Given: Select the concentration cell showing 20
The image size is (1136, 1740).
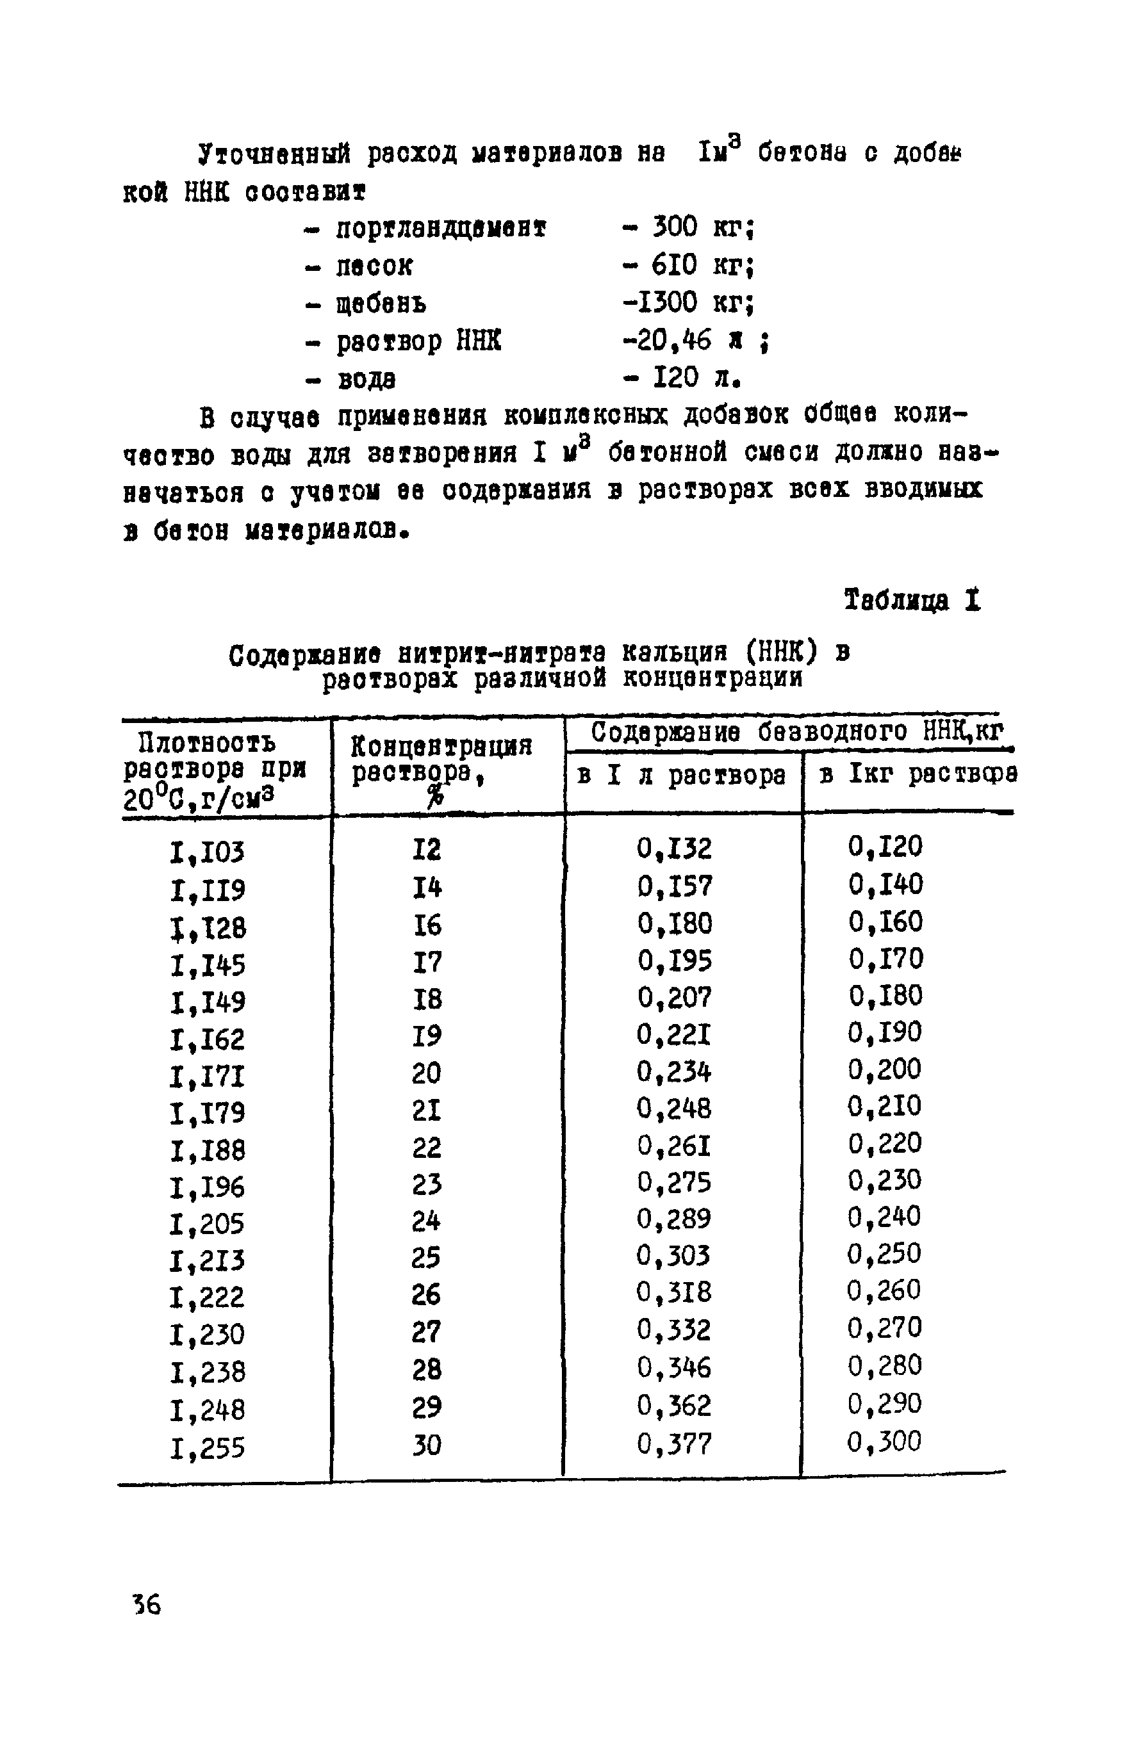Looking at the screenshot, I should coord(427,1073).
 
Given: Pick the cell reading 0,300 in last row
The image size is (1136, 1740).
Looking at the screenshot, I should coord(884,1441).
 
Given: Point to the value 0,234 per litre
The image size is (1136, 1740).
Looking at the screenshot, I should coord(673,1072).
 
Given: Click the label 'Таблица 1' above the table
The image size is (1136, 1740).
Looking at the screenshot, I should coord(912,600).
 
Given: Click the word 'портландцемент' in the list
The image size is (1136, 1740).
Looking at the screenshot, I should coord(441,228).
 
